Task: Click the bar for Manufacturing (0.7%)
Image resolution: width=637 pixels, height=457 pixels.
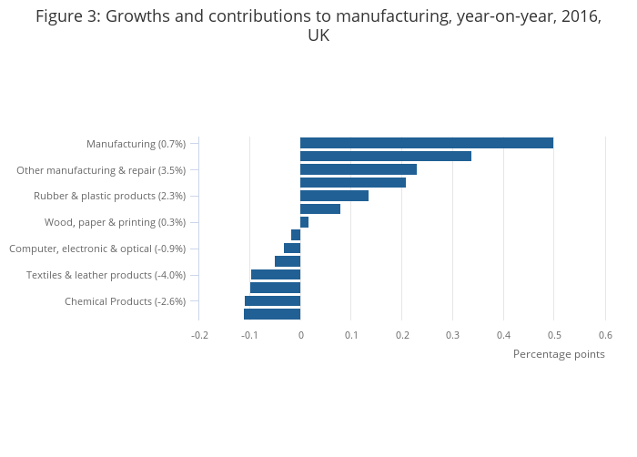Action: [426, 143]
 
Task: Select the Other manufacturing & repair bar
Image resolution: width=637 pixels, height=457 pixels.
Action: [358, 169]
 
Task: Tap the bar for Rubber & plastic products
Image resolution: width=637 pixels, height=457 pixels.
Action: [334, 196]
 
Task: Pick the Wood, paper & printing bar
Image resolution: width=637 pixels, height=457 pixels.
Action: [304, 222]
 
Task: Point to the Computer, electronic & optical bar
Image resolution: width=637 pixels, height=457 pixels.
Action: [292, 249]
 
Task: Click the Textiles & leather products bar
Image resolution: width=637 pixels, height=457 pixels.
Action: [276, 275]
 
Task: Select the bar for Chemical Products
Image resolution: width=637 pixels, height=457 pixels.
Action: [272, 301]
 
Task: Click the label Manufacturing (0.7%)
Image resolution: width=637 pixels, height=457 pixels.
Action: [136, 144]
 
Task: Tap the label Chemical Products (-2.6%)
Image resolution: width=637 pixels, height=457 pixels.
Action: [125, 302]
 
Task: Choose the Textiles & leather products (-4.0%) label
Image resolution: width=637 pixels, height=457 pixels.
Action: [106, 276]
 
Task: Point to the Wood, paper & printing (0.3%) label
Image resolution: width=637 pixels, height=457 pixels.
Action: [115, 223]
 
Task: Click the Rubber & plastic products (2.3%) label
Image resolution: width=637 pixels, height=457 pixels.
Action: [109, 197]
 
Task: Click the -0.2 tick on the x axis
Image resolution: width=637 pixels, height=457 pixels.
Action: [199, 335]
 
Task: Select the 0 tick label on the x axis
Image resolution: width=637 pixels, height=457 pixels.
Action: [300, 335]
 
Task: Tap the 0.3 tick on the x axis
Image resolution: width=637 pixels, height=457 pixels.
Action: [452, 335]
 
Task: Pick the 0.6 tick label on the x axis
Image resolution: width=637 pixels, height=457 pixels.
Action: [605, 335]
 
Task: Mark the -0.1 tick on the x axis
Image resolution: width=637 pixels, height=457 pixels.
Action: [249, 335]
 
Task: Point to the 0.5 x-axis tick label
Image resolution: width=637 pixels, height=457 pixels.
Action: [554, 335]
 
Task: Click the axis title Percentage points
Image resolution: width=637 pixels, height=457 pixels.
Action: [559, 354]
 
